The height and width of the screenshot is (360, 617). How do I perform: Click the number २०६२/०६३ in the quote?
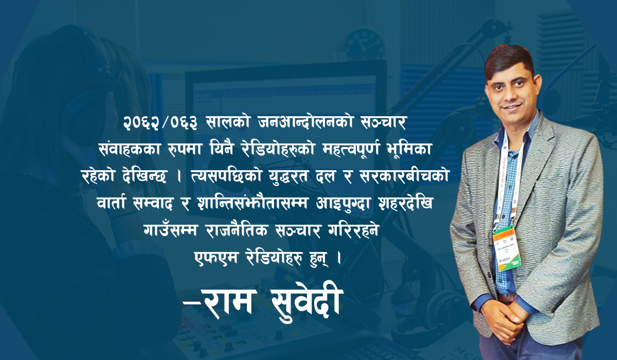tap(160, 123)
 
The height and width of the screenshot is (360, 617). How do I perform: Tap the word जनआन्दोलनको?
tap(306, 122)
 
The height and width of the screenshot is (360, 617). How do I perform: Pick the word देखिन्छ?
tap(144, 176)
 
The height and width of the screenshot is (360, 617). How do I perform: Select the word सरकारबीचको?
tap(405, 176)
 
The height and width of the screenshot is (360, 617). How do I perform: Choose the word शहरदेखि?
tap(406, 203)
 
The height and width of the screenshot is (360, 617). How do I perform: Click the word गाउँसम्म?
tap(171, 229)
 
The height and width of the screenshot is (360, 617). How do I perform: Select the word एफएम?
tap(215, 257)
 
